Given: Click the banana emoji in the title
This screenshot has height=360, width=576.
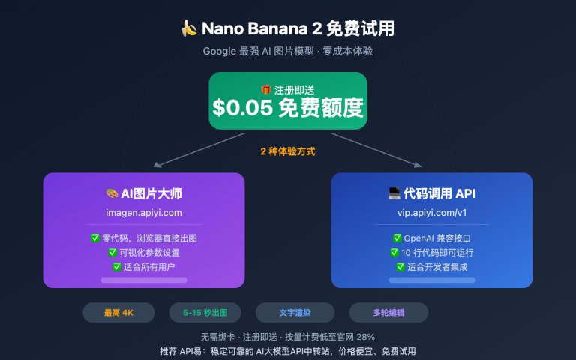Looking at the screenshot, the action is [189, 29].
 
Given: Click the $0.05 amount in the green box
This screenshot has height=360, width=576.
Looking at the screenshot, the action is [242, 108].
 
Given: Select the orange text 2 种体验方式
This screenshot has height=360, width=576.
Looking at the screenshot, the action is [288, 151].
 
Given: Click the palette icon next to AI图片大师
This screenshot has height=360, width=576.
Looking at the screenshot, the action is [112, 193].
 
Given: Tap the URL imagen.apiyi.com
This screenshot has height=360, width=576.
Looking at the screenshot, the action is [144, 213].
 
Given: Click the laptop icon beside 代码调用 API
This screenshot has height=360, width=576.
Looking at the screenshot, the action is [394, 193].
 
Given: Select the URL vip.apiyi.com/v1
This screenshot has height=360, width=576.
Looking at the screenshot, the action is [431, 213].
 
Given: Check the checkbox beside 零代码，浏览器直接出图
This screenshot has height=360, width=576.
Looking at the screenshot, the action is [95, 238].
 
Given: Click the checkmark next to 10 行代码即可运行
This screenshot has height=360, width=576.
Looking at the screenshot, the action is [394, 252].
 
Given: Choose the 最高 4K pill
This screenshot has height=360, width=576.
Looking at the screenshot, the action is [118, 312].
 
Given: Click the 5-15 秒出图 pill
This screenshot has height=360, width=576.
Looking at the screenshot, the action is [204, 312].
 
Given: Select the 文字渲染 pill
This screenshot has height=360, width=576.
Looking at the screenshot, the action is [295, 312].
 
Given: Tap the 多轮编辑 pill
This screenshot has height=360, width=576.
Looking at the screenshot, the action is [388, 312].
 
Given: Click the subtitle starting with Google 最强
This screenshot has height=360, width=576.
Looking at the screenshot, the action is [288, 52].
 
